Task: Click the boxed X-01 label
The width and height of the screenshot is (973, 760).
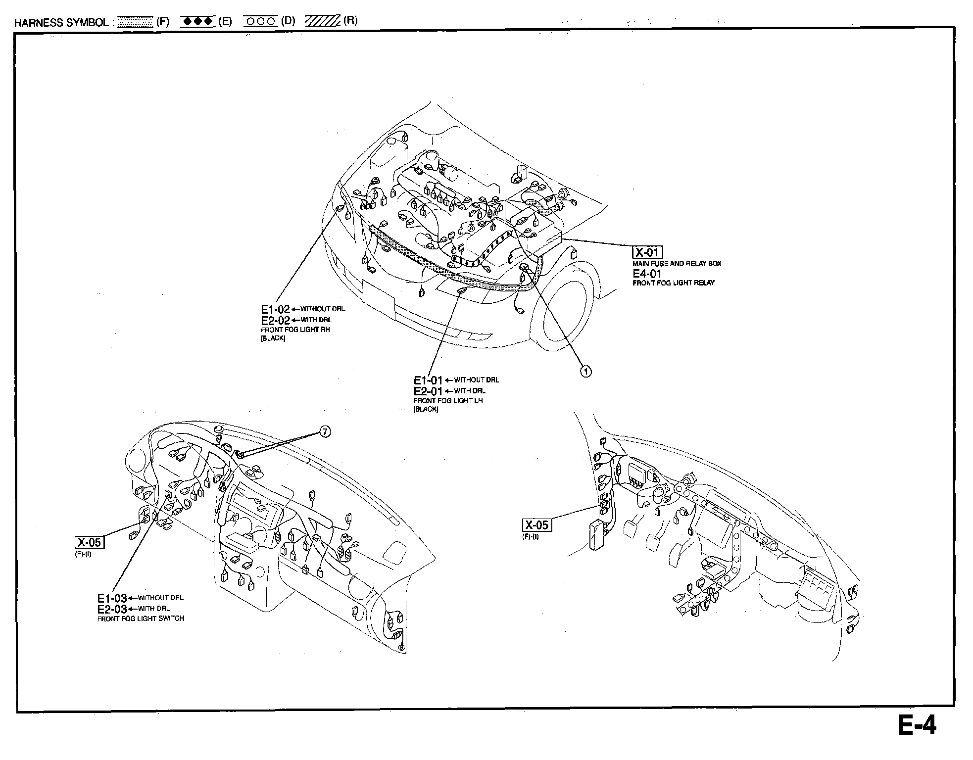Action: point(647,252)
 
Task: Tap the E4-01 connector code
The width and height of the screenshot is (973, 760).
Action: point(647,274)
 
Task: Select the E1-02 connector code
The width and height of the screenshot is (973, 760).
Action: point(275,309)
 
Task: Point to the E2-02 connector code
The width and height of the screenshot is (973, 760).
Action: point(275,320)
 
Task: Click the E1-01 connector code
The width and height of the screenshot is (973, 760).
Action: point(428,380)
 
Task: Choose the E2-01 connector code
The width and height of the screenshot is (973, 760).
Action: point(428,391)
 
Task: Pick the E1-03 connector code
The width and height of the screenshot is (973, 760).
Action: point(112,598)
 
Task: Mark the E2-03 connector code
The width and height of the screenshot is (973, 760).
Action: point(112,609)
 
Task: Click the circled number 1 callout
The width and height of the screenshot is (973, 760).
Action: point(585,371)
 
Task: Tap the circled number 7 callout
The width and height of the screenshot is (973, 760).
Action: point(324,432)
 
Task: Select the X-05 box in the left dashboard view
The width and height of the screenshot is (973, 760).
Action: point(90,542)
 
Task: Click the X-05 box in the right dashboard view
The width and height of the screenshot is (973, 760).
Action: point(537,525)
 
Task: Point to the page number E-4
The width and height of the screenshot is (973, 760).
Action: point(917,726)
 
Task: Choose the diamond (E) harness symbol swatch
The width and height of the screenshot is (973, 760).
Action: point(197,22)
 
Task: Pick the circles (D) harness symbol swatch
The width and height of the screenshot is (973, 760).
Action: point(260,22)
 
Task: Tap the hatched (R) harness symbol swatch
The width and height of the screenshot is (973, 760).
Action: point(322,21)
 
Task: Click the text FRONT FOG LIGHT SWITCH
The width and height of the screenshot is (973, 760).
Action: point(141,618)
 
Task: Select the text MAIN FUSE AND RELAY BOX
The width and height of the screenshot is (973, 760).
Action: point(677,264)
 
